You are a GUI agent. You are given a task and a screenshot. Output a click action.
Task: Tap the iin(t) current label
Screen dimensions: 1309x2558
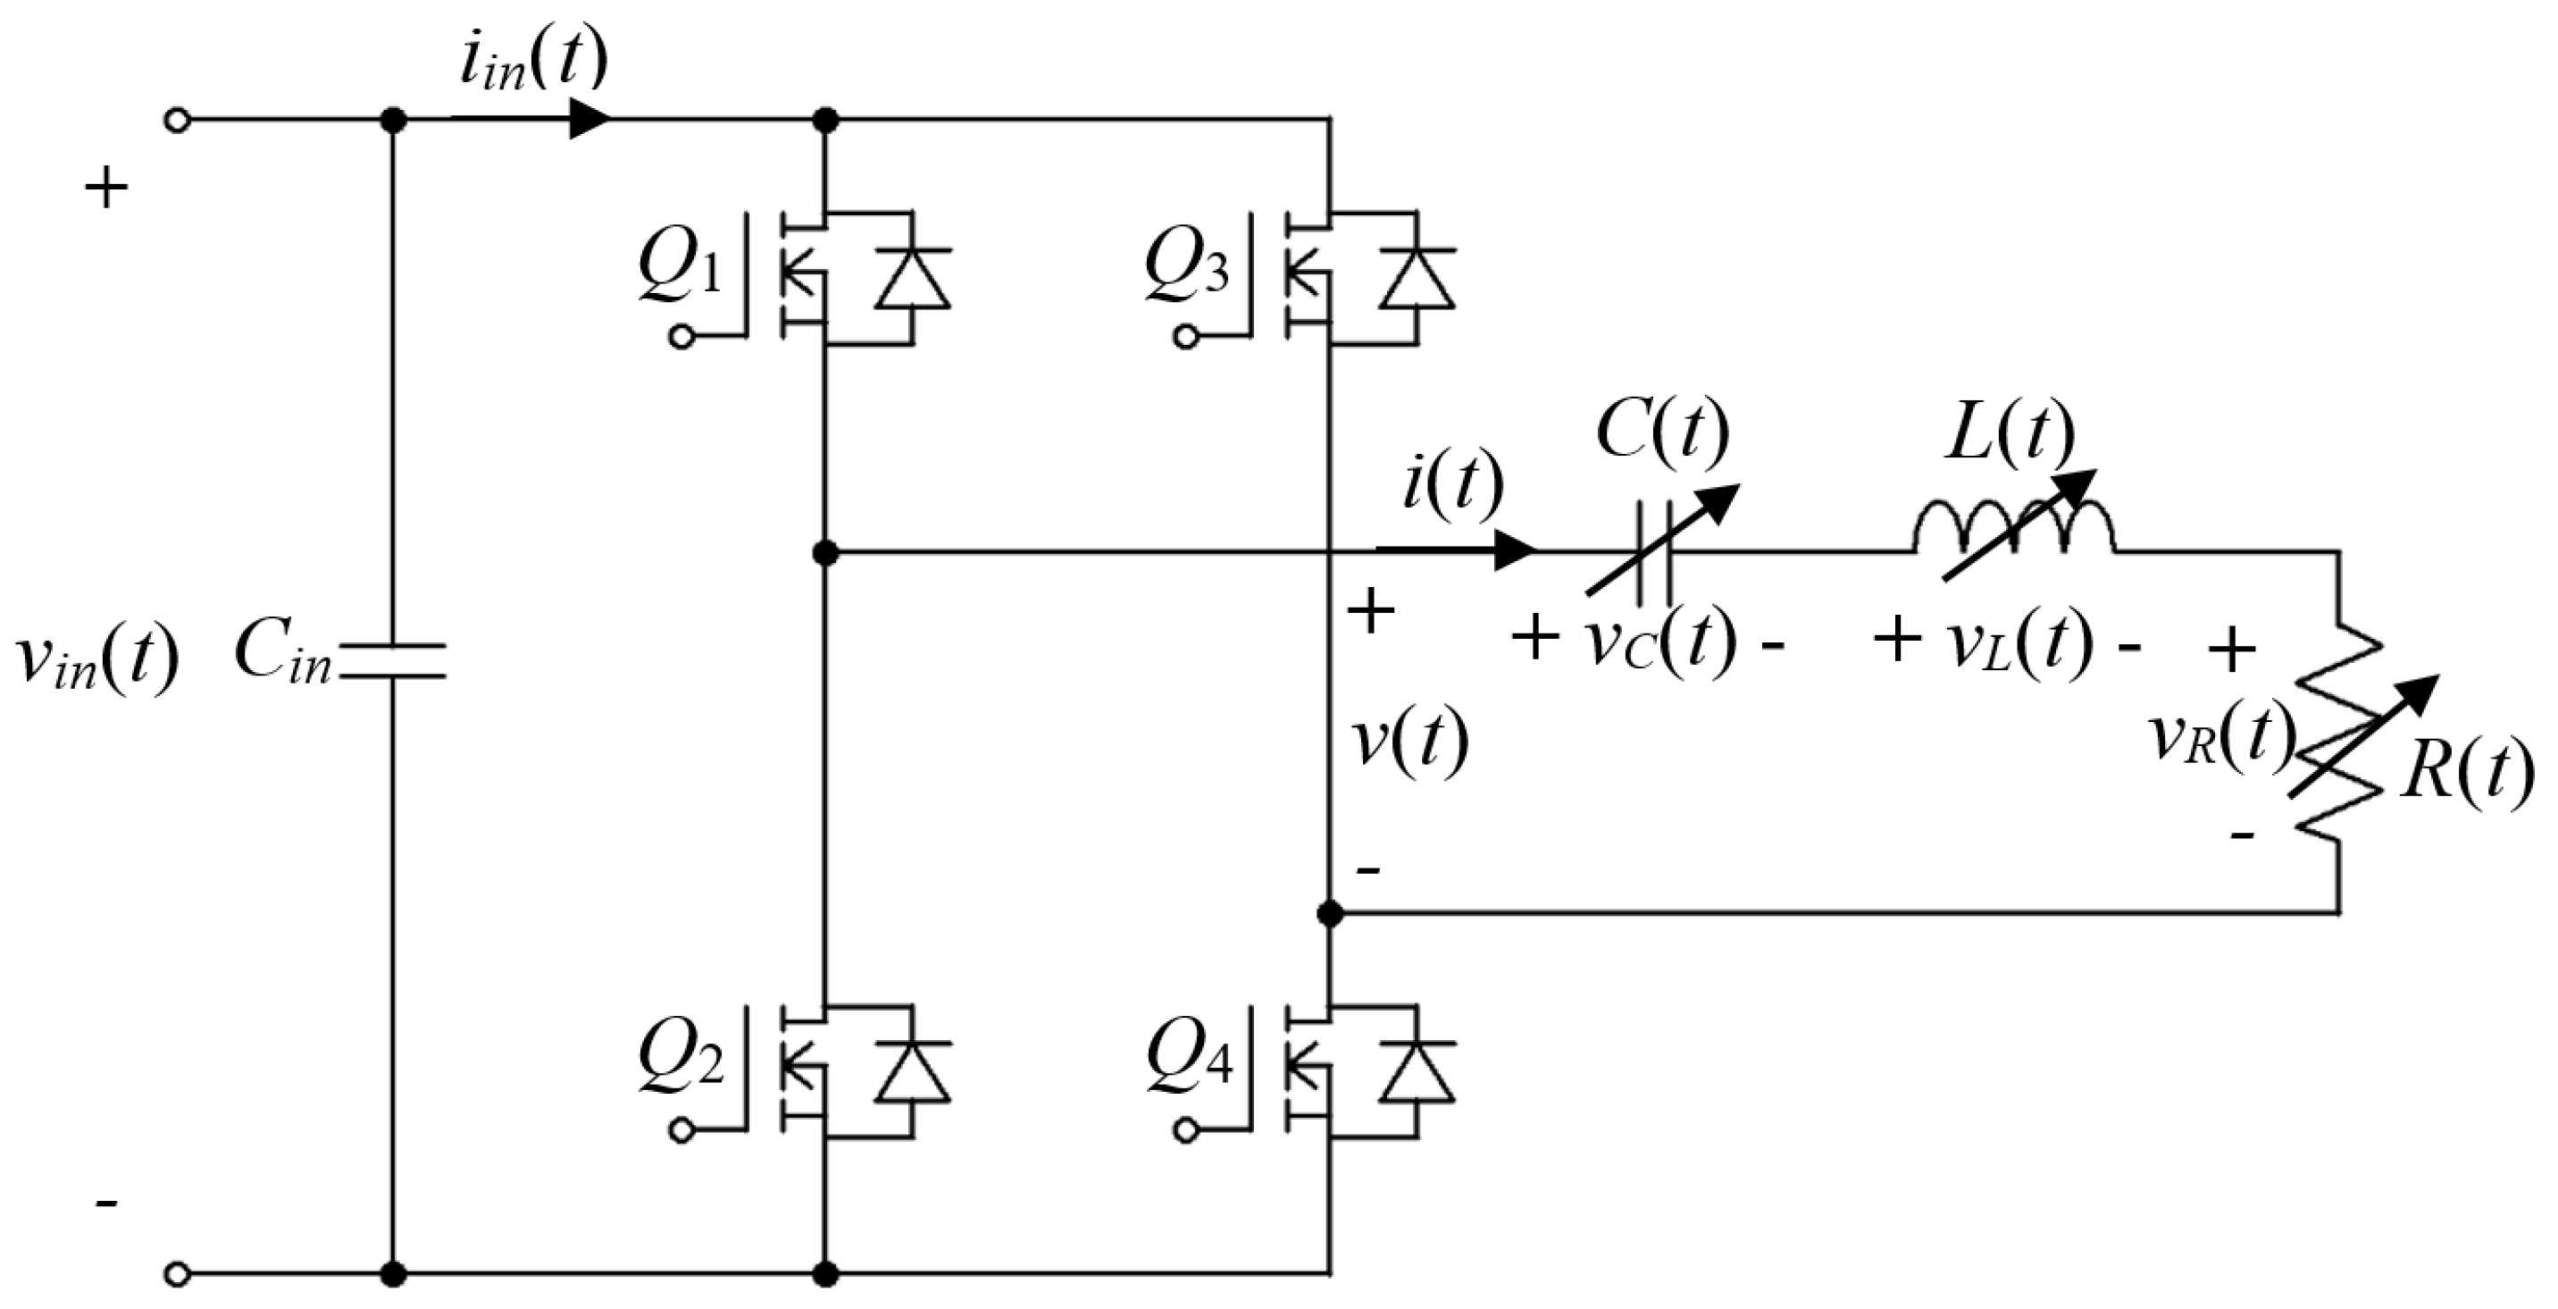tap(532, 62)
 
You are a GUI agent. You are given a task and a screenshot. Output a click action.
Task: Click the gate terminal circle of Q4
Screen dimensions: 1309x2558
tap(1184, 1130)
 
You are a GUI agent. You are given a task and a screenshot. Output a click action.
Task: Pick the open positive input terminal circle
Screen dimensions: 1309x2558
tap(177, 122)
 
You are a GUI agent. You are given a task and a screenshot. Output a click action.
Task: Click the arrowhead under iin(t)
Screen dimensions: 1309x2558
tap(589, 120)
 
